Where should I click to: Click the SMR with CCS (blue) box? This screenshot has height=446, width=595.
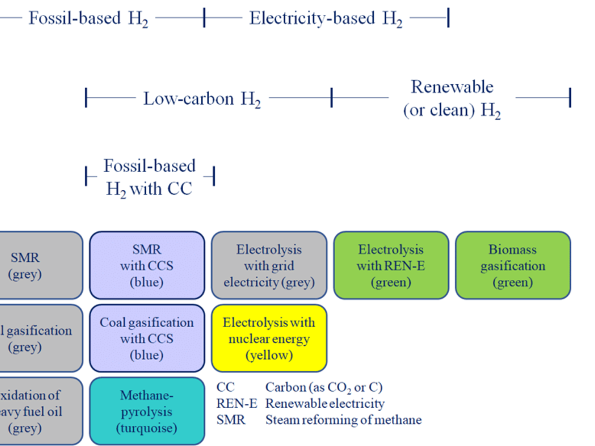(147, 266)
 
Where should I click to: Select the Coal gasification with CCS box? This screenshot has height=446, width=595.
(147, 338)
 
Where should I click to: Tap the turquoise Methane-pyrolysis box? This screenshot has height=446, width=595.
(147, 411)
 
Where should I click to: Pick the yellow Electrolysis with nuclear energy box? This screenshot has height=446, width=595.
(269, 338)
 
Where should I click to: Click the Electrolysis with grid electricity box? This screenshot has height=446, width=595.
(269, 266)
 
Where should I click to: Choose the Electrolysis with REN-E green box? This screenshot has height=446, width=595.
(391, 266)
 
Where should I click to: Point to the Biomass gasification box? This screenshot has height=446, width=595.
(513, 266)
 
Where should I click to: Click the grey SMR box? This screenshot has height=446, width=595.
(39, 266)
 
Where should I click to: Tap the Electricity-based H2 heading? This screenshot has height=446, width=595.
(326, 19)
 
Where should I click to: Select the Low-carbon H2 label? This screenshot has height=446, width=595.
(202, 100)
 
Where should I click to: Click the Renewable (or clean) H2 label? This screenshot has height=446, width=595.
(452, 98)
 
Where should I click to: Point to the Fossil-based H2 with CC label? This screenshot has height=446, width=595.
(149, 177)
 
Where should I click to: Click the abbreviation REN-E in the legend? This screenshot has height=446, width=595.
(237, 404)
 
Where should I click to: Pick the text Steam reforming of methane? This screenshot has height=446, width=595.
(343, 420)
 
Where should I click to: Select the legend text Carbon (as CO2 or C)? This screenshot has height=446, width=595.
(324, 388)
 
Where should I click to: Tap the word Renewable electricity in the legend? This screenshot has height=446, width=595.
(325, 404)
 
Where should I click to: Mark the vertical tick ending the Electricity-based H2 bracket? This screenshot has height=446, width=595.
(448, 18)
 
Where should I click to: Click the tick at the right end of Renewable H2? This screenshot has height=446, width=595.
(570, 98)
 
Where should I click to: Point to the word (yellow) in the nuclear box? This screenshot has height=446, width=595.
(269, 356)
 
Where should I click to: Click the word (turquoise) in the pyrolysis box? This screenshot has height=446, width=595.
(147, 428)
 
